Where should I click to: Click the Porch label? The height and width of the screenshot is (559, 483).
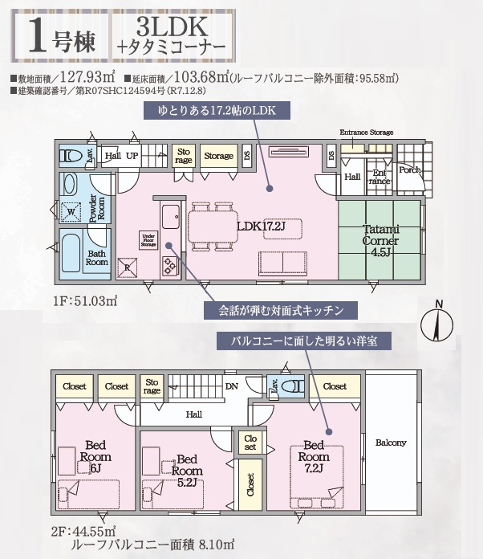coord(410,169)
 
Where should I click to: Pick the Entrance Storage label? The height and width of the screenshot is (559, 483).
coord(367,132)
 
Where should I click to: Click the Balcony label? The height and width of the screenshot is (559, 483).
coord(391,443)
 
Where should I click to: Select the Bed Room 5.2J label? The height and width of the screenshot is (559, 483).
coord(188,465)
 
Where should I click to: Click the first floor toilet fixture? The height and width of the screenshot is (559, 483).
coord(70,156)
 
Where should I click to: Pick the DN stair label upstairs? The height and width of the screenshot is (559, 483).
coord(232,386)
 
